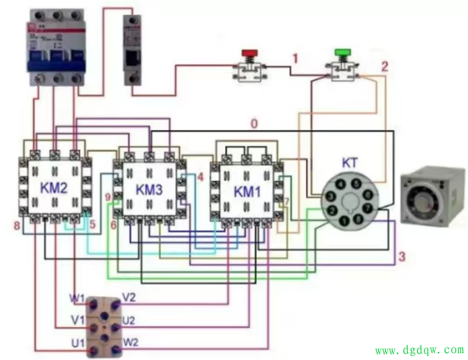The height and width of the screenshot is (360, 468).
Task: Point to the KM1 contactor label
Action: click(x=247, y=192)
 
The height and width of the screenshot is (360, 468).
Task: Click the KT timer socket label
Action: click(x=350, y=162)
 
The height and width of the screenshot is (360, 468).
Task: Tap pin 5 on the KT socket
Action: click(x=356, y=184)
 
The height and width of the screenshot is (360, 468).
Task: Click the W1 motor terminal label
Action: click(x=78, y=298)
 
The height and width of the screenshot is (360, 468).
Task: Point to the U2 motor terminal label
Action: click(x=129, y=320)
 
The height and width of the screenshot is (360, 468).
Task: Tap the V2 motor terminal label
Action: click(x=129, y=297)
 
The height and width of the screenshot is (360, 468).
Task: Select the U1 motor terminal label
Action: click(x=78, y=343)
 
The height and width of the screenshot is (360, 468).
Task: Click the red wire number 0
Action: click(x=254, y=123)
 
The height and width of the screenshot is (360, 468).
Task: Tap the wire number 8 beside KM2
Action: click(x=16, y=226)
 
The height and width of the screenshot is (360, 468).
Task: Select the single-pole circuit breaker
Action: click(x=132, y=52)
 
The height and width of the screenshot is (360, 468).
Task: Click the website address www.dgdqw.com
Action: click(x=419, y=351)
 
